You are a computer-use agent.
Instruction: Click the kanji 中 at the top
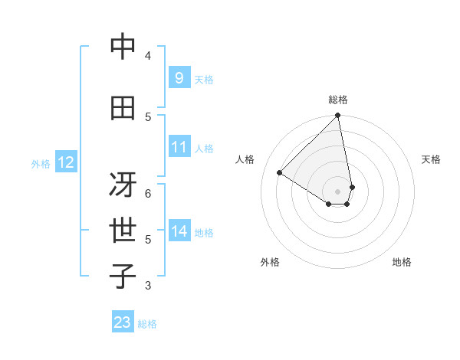click(123, 47)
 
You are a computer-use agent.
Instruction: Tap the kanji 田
click(123, 108)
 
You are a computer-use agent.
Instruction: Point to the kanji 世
click(123, 231)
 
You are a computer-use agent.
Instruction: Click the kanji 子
click(123, 277)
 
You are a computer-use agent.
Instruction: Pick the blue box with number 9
click(179, 77)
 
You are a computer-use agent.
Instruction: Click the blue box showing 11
click(179, 147)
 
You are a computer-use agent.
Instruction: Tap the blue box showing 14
click(179, 231)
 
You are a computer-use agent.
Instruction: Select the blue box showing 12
click(65, 162)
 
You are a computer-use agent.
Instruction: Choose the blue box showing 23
click(123, 322)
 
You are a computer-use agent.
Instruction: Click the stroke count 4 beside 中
click(148, 56)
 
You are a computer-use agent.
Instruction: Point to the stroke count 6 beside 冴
click(148, 193)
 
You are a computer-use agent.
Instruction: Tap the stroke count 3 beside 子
click(148, 286)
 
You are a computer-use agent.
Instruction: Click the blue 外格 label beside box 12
click(40, 163)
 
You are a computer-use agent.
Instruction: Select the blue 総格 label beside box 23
click(147, 324)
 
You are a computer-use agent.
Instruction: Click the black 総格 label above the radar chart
click(338, 100)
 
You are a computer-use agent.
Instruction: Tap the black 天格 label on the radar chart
click(431, 159)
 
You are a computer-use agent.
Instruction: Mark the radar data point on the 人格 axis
click(280, 172)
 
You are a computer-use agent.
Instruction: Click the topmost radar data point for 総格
click(338, 116)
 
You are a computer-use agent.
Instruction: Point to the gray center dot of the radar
click(338, 191)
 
